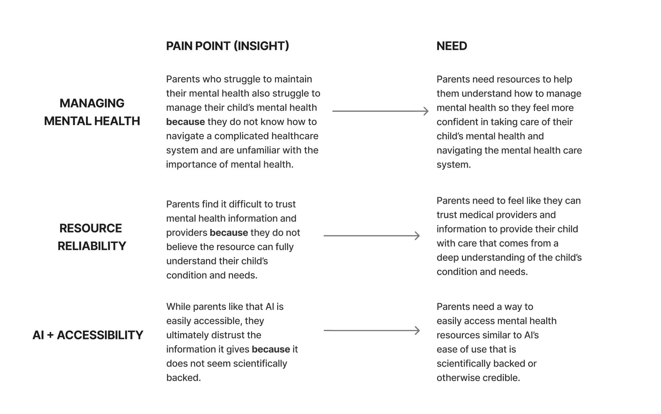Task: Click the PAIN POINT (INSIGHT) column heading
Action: (x=228, y=46)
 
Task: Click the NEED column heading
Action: (x=451, y=46)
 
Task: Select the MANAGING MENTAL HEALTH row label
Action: (x=92, y=112)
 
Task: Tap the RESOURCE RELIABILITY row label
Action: (x=91, y=237)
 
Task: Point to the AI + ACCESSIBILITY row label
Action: (x=88, y=335)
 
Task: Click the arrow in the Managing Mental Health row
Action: (x=380, y=111)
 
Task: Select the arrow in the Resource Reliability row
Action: (x=372, y=236)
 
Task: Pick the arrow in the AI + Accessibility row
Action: (x=372, y=330)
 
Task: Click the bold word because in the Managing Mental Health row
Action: (x=185, y=122)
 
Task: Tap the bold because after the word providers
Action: (x=229, y=233)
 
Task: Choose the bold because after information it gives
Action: (x=271, y=349)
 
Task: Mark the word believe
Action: (x=181, y=247)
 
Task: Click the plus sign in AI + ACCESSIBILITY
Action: (x=50, y=335)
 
